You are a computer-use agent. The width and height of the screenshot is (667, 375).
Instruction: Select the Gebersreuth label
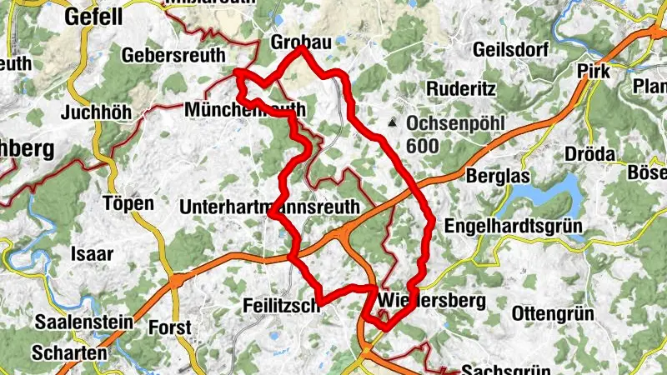pos(173,55)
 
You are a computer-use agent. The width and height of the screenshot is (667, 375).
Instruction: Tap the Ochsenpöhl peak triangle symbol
pos(392,123)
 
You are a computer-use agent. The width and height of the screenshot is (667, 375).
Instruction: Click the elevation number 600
pos(424,145)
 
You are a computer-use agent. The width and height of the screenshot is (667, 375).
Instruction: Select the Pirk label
pos(594,72)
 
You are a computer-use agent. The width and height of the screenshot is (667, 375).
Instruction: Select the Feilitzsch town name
pos(282,306)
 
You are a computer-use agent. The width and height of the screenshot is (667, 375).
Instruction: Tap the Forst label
pos(170,327)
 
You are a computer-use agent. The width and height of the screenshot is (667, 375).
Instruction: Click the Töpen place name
pos(128,203)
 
